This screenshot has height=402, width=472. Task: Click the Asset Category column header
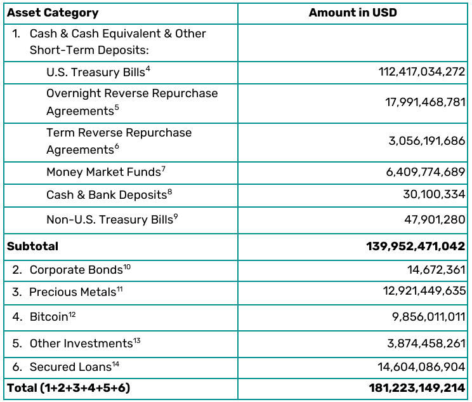pyautogui.click(x=53, y=13)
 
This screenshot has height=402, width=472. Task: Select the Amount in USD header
pyautogui.click(x=353, y=13)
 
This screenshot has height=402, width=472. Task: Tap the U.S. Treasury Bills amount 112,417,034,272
pyautogui.click(x=422, y=72)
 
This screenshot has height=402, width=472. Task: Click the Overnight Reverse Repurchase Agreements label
pyautogui.click(x=131, y=102)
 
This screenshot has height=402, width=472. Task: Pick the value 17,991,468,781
pyautogui.click(x=425, y=102)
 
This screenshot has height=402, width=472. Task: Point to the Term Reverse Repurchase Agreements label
pyautogui.click(x=119, y=141)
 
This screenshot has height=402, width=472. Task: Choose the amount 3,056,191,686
pyautogui.click(x=427, y=141)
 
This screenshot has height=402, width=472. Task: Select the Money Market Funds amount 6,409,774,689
pyautogui.click(x=426, y=172)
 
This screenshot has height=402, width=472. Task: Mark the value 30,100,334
pyautogui.click(x=434, y=195)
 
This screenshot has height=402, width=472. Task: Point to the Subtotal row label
pyautogui.click(x=32, y=246)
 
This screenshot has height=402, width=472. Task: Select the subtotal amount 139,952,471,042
pyautogui.click(x=416, y=246)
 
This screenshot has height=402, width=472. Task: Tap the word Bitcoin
pyautogui.click(x=48, y=316)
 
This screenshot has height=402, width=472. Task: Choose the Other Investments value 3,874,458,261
pyautogui.click(x=426, y=344)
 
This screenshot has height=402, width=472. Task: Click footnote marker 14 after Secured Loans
pyautogui.click(x=116, y=364)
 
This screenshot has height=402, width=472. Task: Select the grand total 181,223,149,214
pyautogui.click(x=417, y=387)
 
